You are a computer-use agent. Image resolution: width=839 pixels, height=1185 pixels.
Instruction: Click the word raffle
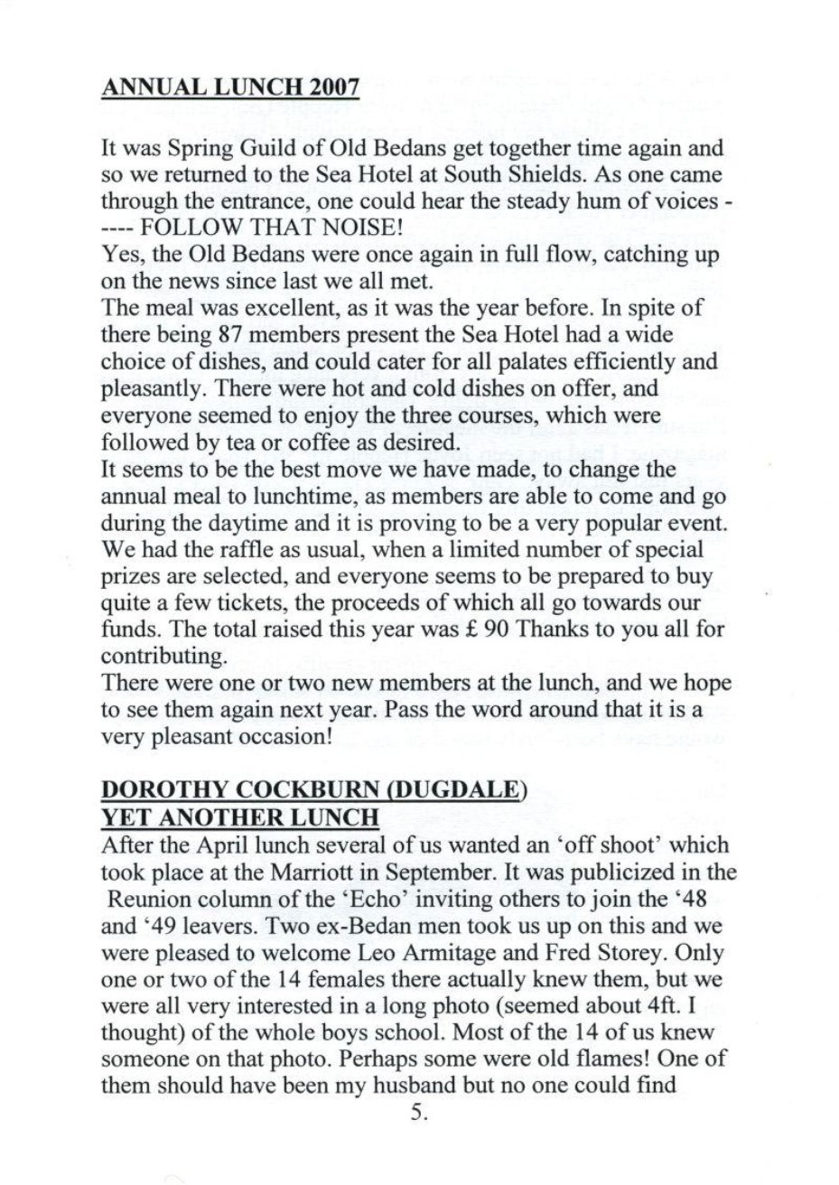click(211, 549)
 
